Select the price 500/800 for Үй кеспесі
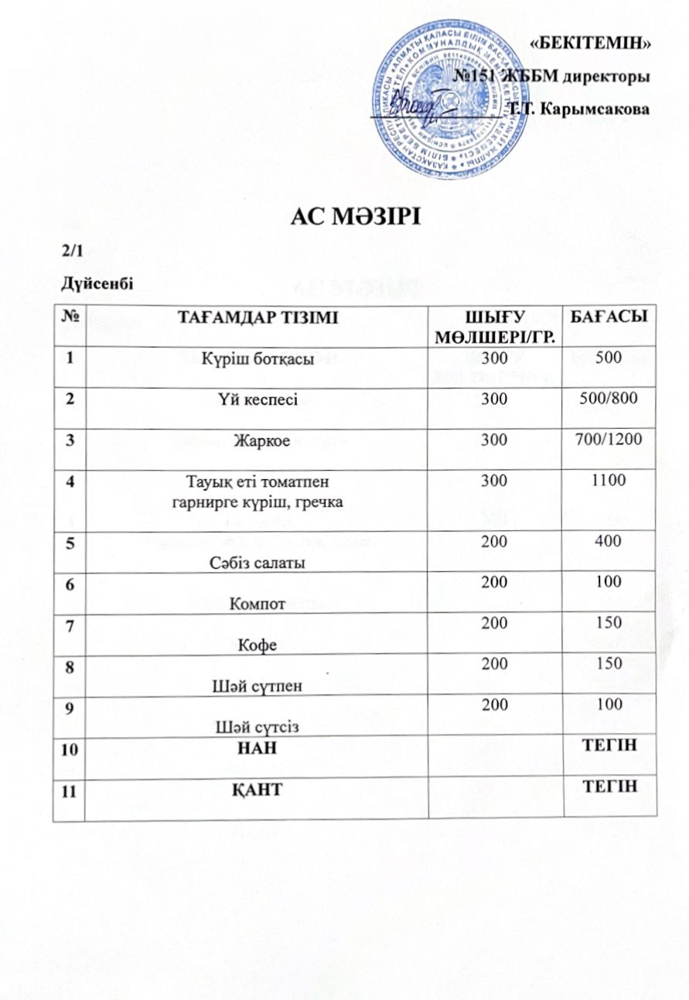[608, 399]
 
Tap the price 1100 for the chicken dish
[608, 481]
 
